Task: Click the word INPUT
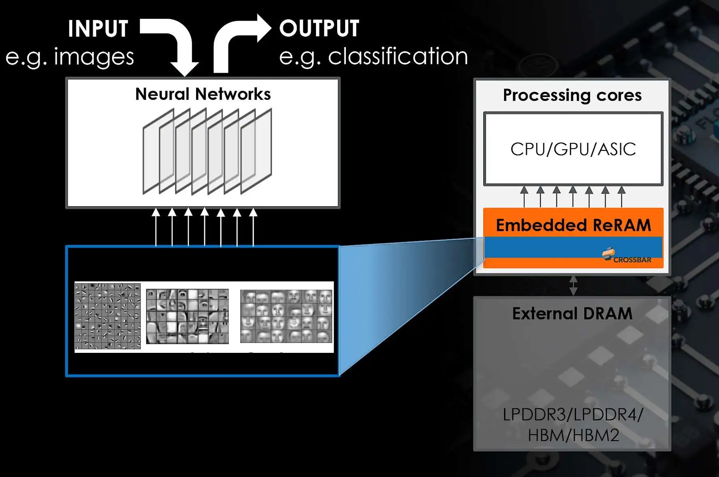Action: click(98, 29)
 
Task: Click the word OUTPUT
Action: click(319, 28)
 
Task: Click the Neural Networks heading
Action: click(203, 94)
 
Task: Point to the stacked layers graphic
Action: click(207, 152)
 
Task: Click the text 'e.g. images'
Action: click(70, 57)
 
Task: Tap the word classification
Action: click(398, 56)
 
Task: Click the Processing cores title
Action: click(572, 95)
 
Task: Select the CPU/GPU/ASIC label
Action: click(573, 149)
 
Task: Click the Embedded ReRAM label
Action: click(573, 225)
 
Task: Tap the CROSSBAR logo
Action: click(627, 255)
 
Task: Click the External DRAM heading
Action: click(572, 314)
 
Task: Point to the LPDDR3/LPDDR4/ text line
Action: click(573, 415)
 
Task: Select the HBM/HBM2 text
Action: click(573, 435)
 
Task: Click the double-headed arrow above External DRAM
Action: click(573, 285)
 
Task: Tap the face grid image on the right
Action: click(286, 316)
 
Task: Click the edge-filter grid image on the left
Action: click(107, 316)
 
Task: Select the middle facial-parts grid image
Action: click(187, 316)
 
